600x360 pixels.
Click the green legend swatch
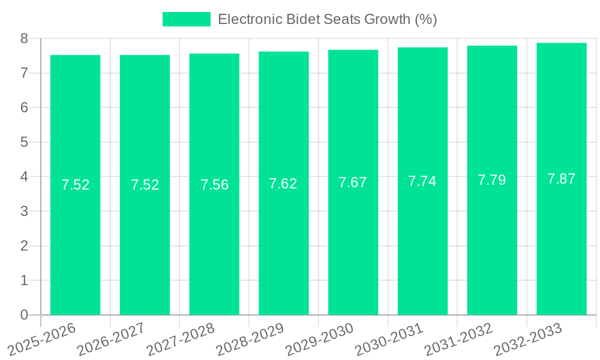point(186,19)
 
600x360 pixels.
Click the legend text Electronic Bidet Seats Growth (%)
point(327,19)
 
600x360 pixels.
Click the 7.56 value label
point(214,185)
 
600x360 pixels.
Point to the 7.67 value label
point(353,182)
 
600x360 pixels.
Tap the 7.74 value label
point(422,181)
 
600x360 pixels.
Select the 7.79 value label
point(492,180)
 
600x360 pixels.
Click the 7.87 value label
point(562,179)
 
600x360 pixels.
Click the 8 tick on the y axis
point(24,38)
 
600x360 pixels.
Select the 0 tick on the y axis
point(24,315)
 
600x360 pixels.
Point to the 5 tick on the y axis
point(24,142)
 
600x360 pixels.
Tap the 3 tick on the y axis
point(24,211)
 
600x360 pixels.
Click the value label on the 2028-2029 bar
point(283,184)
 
